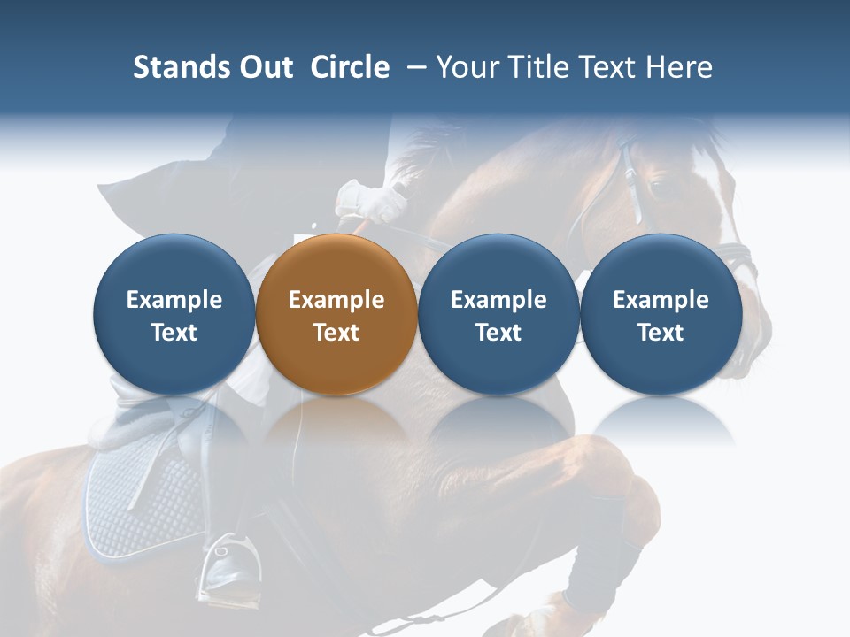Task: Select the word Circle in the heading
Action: (350, 67)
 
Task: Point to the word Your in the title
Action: (467, 67)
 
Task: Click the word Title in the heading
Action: (536, 67)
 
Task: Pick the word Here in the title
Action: (680, 67)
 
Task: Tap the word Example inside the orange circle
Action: (336, 300)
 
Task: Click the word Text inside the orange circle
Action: (336, 333)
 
